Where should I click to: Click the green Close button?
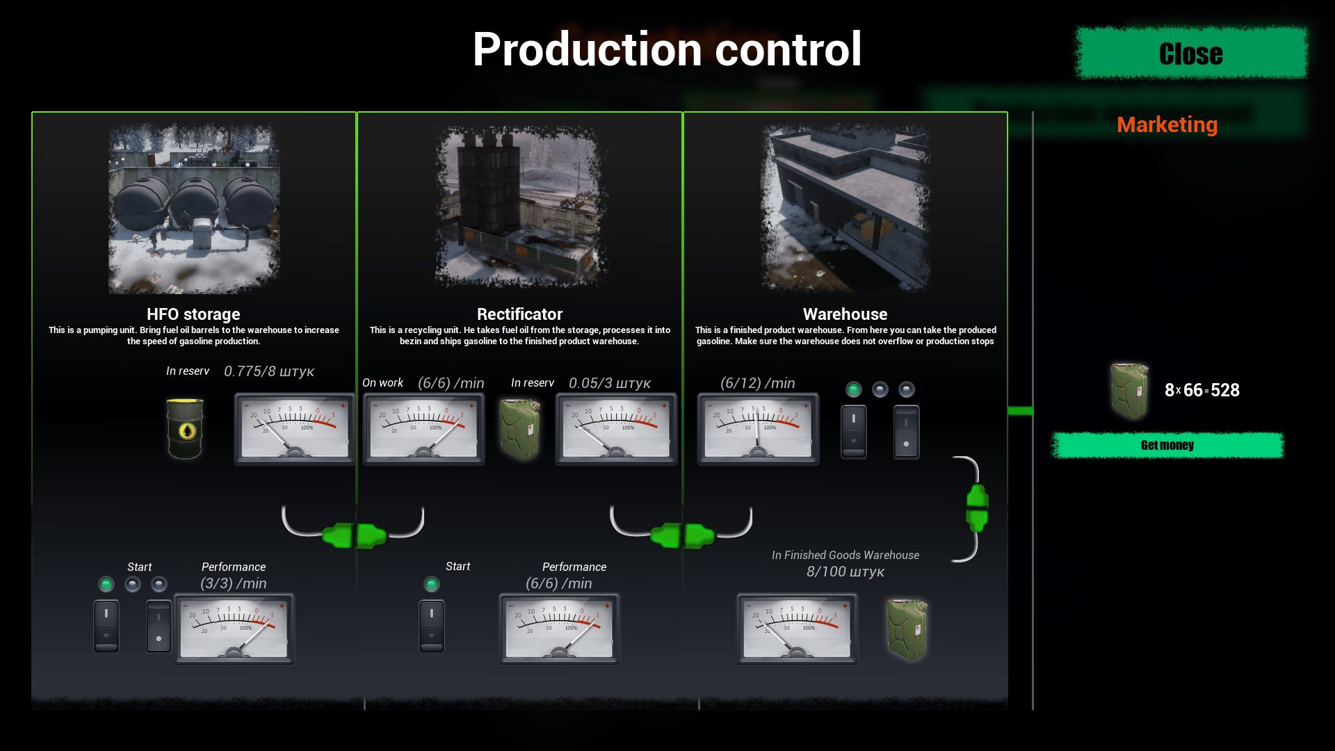click(1190, 54)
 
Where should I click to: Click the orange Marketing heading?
click(1167, 124)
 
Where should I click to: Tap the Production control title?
click(667, 49)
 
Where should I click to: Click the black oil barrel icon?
click(185, 428)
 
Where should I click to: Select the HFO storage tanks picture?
click(194, 209)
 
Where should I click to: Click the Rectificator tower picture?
click(519, 207)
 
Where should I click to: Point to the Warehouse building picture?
click(845, 207)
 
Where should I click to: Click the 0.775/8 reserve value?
click(268, 371)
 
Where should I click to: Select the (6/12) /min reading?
click(757, 383)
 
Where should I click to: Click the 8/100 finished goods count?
click(845, 572)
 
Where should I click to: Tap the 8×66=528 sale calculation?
click(1201, 390)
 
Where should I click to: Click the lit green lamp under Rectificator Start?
click(432, 584)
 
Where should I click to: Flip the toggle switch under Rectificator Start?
click(432, 626)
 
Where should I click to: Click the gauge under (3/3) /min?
click(234, 629)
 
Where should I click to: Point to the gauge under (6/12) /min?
click(758, 428)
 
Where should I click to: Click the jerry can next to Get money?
click(1129, 390)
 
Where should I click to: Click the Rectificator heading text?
click(519, 314)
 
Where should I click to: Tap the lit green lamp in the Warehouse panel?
click(854, 389)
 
